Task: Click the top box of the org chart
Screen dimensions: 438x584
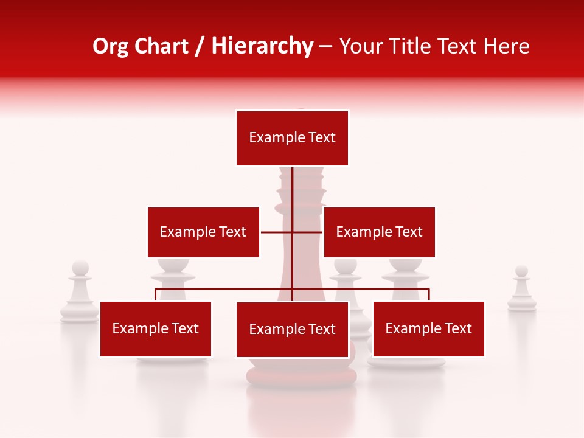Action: pyautogui.click(x=292, y=138)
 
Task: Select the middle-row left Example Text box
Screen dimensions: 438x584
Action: pyautogui.click(x=203, y=232)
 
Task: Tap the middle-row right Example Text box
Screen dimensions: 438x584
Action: pyautogui.click(x=379, y=232)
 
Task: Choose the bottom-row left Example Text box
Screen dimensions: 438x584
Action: pyautogui.click(x=156, y=328)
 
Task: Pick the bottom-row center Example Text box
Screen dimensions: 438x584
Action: pyautogui.click(x=292, y=329)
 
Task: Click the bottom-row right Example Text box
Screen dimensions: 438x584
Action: pyautogui.click(x=428, y=328)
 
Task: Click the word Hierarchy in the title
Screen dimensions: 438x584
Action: pyautogui.click(x=262, y=46)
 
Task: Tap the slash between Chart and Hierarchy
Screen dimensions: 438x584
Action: pyautogui.click(x=200, y=47)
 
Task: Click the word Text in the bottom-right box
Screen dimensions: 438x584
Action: pyautogui.click(x=458, y=328)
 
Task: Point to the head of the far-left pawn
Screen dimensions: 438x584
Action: pyautogui.click(x=80, y=268)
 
